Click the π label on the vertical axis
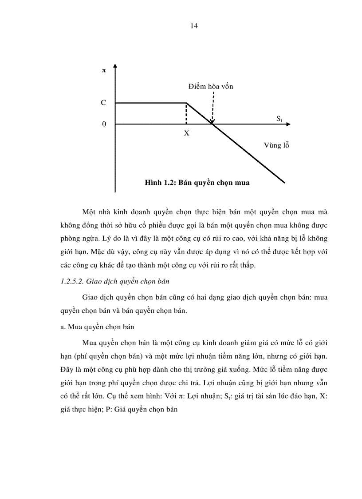pos(104,71)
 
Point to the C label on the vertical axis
pos(103,103)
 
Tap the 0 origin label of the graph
pos(104,124)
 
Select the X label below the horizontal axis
pos(186,133)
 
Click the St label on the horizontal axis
pos(279,119)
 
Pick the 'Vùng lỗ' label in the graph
pos(276,145)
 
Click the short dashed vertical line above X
pos(186,114)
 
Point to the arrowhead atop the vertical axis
pos(115,67)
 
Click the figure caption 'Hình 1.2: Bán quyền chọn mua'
pos(197,183)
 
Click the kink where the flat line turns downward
pos(186,103)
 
